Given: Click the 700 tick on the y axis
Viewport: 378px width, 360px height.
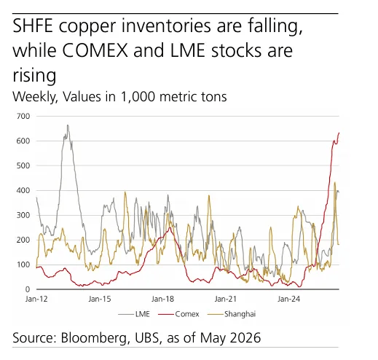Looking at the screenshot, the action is click(x=23, y=116).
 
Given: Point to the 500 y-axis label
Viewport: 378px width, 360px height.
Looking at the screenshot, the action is click(x=23, y=165).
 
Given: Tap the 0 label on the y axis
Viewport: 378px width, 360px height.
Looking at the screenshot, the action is click(x=28, y=289).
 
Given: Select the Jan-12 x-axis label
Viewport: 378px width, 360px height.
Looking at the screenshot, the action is click(x=36, y=299).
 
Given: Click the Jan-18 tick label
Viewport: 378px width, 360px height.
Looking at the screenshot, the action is click(x=162, y=299).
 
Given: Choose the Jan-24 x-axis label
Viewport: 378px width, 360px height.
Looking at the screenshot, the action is click(x=288, y=299).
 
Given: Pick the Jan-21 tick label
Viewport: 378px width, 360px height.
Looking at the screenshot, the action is click(x=225, y=299).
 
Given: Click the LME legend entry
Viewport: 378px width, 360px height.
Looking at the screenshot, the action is click(x=134, y=314).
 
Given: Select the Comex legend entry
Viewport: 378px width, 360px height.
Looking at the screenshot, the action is click(x=178, y=314).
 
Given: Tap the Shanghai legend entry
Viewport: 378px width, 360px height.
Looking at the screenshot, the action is click(x=232, y=314).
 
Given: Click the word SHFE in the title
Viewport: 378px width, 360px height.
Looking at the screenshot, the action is click(x=33, y=26).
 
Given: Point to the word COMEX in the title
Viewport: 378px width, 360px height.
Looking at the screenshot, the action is click(x=95, y=50).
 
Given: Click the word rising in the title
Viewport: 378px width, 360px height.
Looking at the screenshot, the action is click(x=34, y=76).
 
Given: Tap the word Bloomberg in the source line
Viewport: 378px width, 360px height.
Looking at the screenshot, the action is click(x=94, y=338).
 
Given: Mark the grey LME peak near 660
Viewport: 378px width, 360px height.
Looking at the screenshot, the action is click(x=68, y=125).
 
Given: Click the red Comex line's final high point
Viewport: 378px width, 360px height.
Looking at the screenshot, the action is click(x=339, y=133).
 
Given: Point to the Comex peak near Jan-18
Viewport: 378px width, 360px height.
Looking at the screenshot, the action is click(x=170, y=228).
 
